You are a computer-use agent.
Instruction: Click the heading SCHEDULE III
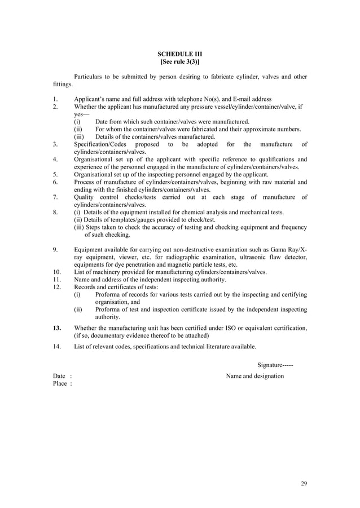(x=179, y=54)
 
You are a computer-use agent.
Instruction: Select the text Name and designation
(x=255, y=376)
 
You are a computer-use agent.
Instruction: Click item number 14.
(x=56, y=346)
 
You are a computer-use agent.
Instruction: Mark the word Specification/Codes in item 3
(x=100, y=144)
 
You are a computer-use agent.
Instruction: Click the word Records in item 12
(x=85, y=287)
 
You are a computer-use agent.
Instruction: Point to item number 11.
(x=56, y=280)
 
